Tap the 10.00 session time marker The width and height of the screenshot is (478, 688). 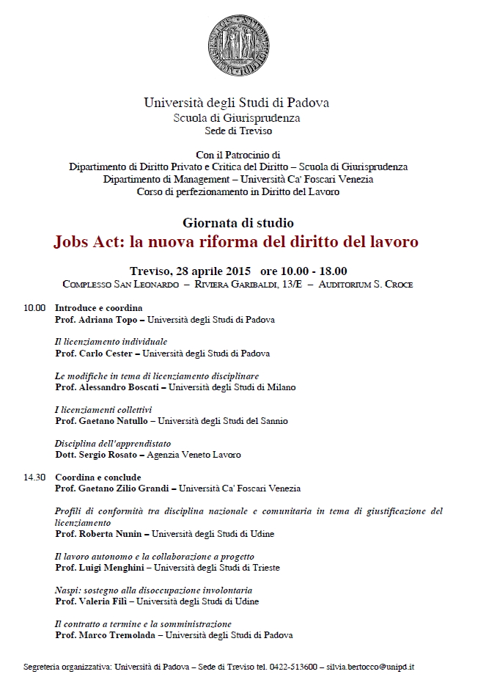pyautogui.click(x=34, y=308)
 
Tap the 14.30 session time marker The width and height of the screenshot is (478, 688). pyautogui.click(x=34, y=477)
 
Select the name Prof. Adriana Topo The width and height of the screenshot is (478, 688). pyautogui.click(x=99, y=320)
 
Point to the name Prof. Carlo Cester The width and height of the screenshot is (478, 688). pyautogui.click(x=95, y=353)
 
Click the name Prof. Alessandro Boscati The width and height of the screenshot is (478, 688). pyautogui.click(x=106, y=387)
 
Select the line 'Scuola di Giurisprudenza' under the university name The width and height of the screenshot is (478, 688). pyautogui.click(x=236, y=117)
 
